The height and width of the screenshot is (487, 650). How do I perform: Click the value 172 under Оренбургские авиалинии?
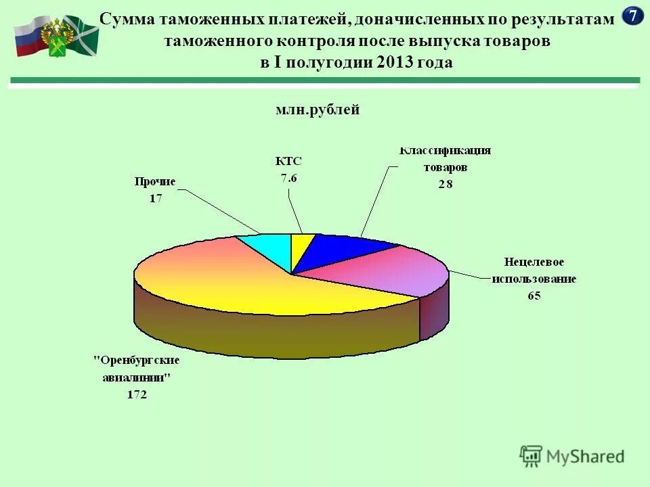137,395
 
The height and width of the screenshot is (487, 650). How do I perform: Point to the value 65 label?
534,296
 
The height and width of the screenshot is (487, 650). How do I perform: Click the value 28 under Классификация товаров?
444,184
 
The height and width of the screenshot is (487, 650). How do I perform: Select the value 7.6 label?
288,179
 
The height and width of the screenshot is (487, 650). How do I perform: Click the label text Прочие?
154,182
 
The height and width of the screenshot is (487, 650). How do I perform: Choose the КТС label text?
288,162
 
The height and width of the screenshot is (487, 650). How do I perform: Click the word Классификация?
444,150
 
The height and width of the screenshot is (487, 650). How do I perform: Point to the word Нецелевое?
534,261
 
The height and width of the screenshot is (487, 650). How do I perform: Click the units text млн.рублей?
318,110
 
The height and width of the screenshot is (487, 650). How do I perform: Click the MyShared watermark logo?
572,457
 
